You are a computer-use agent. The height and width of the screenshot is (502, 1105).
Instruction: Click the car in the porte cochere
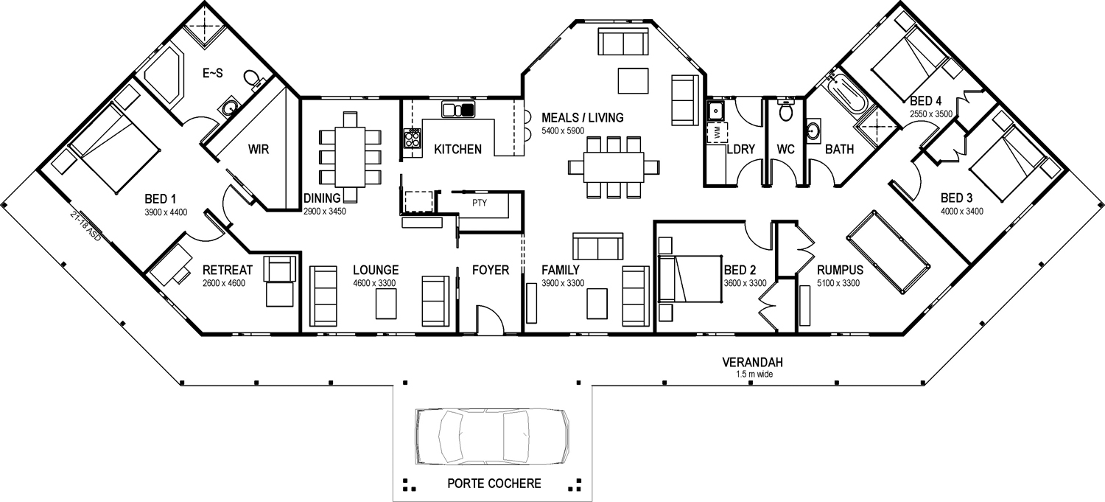tap(492, 437)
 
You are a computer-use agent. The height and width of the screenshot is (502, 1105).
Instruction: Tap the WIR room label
tap(259, 149)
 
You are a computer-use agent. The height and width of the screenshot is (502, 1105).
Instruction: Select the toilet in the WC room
tap(785, 110)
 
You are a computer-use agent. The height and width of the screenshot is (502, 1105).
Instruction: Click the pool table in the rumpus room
tap(888, 252)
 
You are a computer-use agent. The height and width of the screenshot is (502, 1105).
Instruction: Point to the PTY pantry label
tap(480, 203)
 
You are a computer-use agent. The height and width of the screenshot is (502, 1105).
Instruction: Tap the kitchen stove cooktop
tap(413, 138)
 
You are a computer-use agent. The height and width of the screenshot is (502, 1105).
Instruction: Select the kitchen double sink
tap(458, 109)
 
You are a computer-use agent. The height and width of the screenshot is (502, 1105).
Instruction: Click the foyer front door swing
tap(490, 320)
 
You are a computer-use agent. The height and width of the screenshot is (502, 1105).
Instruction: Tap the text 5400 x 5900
tap(563, 130)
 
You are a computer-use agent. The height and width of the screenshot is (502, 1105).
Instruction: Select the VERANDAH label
tap(752, 362)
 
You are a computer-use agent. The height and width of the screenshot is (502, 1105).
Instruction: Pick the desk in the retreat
tap(171, 265)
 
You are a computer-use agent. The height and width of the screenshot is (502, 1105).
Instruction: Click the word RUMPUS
tap(840, 270)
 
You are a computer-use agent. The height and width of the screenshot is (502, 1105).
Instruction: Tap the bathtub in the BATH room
tap(849, 94)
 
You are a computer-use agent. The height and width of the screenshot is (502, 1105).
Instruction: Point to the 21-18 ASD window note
tap(86, 226)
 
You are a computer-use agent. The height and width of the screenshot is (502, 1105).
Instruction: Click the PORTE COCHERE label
tap(494, 484)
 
